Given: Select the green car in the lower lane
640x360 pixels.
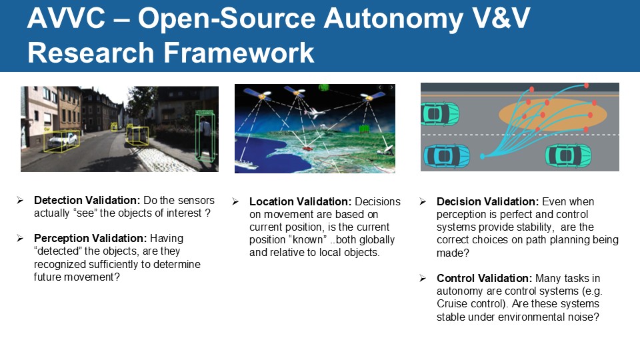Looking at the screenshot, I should (568, 155).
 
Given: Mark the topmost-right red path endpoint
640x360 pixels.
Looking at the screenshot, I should (587, 85).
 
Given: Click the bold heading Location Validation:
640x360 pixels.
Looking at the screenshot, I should (301, 201).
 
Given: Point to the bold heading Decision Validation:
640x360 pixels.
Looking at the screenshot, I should (488, 201).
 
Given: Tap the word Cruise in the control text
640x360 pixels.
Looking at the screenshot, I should (453, 303).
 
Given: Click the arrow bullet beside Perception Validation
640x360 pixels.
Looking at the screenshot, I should (21, 238).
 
